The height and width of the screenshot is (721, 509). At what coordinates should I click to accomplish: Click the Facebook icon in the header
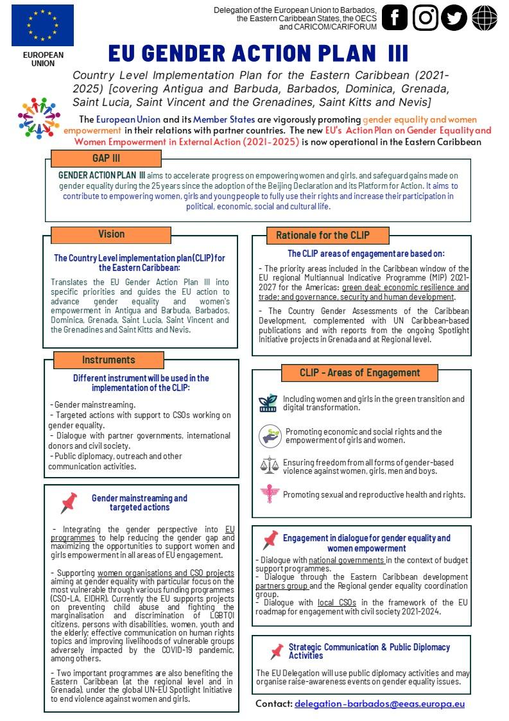[x=395, y=18]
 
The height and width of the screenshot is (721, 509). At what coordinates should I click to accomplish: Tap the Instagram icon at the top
[x=425, y=18]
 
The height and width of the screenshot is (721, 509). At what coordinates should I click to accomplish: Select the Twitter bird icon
[x=455, y=18]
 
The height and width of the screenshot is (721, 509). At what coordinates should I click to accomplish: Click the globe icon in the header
[x=485, y=18]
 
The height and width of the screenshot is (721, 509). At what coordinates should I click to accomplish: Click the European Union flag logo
[x=42, y=25]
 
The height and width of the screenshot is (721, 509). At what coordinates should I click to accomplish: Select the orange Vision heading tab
[x=112, y=234]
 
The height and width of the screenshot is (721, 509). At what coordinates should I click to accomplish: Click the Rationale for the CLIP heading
[x=322, y=235]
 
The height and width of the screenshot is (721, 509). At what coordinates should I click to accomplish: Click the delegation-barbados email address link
[x=379, y=704]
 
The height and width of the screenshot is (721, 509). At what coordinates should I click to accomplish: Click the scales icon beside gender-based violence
[x=270, y=465]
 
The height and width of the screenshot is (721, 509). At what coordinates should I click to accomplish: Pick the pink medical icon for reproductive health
[x=270, y=494]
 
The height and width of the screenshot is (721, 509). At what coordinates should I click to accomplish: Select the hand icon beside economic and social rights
[x=270, y=436]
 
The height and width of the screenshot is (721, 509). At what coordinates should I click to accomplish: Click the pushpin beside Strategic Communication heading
[x=277, y=651]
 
